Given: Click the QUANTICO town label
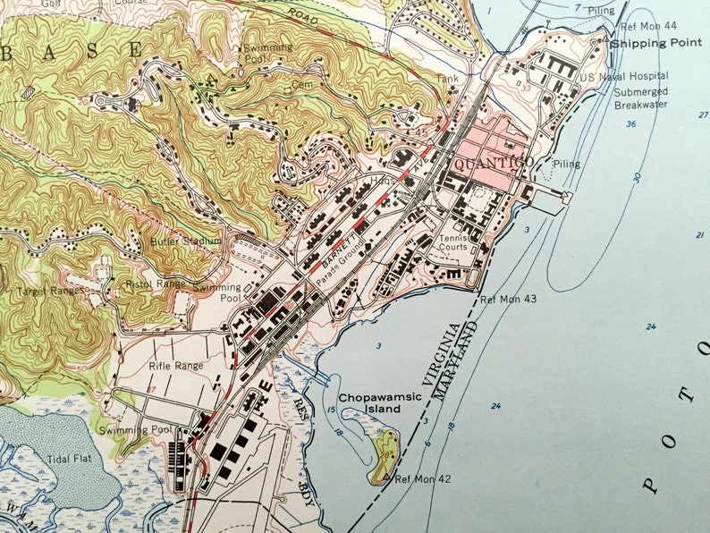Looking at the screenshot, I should tap(494, 164).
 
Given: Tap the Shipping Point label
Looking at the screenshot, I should tap(650, 42).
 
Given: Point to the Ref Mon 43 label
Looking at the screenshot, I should tap(508, 299).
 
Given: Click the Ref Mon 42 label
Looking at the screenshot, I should tap(422, 479).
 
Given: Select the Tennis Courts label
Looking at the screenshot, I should tap(452, 242).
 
